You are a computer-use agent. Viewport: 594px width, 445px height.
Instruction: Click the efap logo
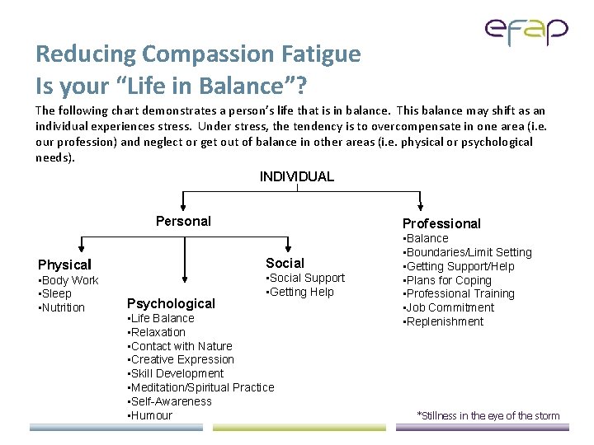[526, 32]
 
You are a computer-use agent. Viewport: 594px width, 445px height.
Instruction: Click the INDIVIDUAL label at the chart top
[296, 176]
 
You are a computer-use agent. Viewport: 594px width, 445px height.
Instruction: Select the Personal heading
[183, 221]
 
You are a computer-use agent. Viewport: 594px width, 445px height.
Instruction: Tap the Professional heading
[441, 223]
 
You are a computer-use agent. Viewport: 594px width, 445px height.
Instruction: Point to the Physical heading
[64, 265]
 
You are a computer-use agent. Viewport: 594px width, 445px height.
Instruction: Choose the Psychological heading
[171, 303]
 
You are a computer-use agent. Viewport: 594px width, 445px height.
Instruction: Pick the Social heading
[285, 263]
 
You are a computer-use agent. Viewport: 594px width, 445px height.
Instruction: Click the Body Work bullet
[69, 280]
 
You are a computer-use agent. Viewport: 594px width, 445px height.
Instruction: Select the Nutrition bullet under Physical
[63, 307]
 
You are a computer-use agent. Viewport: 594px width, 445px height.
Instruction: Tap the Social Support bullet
[306, 278]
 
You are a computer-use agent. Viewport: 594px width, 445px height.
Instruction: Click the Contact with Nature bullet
[181, 346]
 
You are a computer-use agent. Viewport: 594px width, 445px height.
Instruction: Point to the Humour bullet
[151, 415]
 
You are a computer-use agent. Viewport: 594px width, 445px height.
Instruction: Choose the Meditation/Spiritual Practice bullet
[201, 387]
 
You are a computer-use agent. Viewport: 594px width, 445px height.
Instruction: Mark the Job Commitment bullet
[449, 307]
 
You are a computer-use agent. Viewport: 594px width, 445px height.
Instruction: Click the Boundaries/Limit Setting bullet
[469, 252]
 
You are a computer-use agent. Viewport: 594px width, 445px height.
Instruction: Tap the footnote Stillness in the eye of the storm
[488, 416]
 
